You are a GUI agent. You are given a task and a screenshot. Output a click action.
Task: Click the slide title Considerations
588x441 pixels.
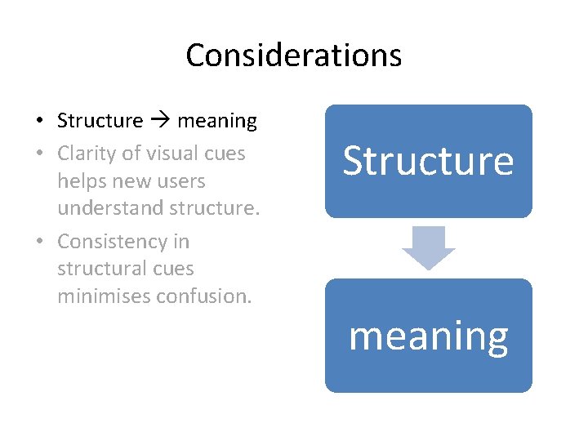293,56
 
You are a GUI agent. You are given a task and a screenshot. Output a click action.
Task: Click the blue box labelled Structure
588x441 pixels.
428,161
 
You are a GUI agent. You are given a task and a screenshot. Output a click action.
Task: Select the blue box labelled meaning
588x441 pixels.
428,336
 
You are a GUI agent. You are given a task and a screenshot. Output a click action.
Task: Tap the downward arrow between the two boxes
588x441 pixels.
428,247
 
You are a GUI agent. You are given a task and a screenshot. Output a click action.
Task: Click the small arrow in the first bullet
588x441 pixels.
160,122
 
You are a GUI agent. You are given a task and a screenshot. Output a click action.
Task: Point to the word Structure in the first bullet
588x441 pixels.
100,122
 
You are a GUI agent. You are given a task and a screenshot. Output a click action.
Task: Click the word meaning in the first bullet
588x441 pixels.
216,122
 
